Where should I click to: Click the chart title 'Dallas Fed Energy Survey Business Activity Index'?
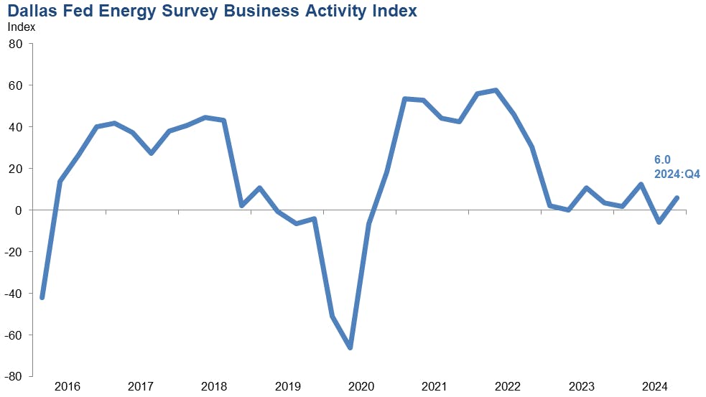(212, 11)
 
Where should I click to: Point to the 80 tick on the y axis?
(17, 44)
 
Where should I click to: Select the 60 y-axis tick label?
(17, 85)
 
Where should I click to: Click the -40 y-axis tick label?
(14, 294)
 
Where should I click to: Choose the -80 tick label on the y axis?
(14, 377)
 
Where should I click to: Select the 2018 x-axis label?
(215, 387)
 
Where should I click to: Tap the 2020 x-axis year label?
(361, 387)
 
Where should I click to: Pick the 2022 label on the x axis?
(507, 387)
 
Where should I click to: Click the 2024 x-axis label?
(654, 387)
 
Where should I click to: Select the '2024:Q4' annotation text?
(677, 174)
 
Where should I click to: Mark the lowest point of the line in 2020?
(350, 347)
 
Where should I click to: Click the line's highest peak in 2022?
(496, 90)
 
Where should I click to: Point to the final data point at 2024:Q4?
(677, 198)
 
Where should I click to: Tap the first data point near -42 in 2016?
(42, 297)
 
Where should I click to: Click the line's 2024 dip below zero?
(659, 222)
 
